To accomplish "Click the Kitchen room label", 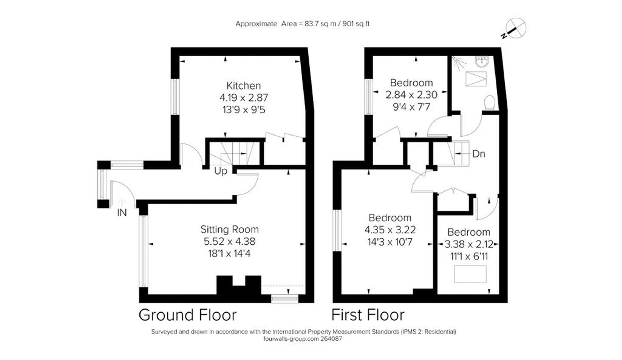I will point(244,85).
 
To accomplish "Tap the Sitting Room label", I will point(230,229).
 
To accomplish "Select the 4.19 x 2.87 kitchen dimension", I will point(244,98).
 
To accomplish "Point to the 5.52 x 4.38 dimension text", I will point(230,242).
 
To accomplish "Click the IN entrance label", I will point(122,213).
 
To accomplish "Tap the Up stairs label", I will point(220,171).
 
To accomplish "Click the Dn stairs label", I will point(478,154).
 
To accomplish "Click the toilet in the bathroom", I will point(490,103).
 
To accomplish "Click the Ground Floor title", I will point(188,315).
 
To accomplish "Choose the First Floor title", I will point(368,315).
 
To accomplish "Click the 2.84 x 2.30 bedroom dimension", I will point(411,95).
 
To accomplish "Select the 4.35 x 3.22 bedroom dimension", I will point(390,230).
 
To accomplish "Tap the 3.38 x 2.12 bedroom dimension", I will point(469,244).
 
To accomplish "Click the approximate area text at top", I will point(302,24).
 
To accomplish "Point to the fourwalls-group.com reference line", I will point(302,339).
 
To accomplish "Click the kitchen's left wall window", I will point(175,96).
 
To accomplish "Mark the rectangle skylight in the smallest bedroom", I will point(470,274).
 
